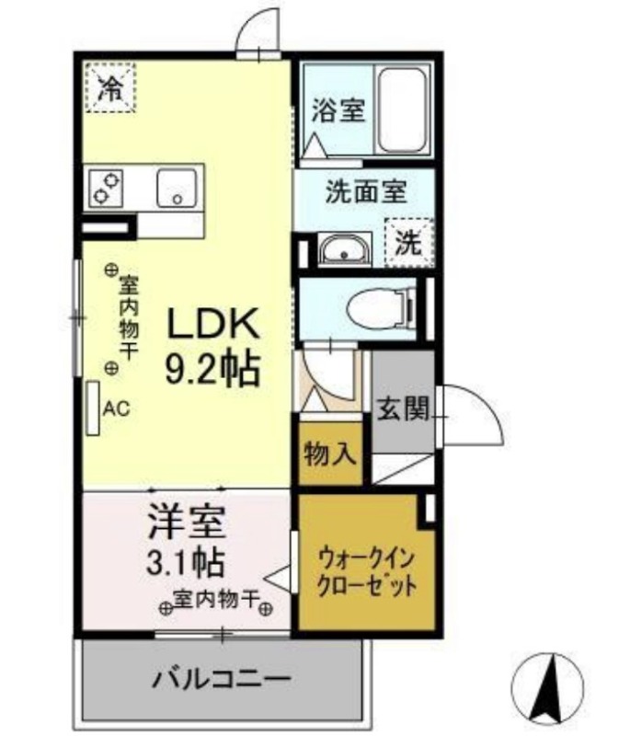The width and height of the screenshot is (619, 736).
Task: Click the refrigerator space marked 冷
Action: (109, 87)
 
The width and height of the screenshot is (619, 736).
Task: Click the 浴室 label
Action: (338, 111)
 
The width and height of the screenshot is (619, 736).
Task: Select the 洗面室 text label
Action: (365, 192)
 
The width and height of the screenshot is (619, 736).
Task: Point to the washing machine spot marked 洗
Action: (407, 241)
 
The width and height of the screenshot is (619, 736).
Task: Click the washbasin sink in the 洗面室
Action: (342, 249)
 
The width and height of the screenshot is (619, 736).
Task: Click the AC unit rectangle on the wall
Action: (93, 408)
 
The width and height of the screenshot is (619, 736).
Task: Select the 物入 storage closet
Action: (326, 453)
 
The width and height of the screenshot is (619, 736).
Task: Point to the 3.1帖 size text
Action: (187, 561)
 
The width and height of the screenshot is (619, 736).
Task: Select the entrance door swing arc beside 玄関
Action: (475, 413)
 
